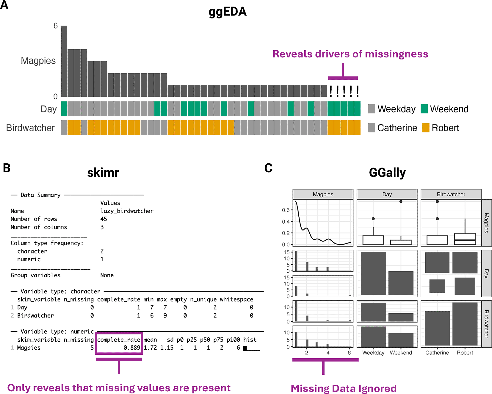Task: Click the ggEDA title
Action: pyautogui.click(x=228, y=12)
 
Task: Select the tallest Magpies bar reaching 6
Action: pyautogui.click(x=64, y=61)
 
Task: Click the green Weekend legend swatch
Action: pyautogui.click(x=424, y=109)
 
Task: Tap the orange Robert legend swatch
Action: pyautogui.click(x=426, y=128)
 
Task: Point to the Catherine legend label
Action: pyautogui.click(x=397, y=128)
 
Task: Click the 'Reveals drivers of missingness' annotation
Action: pyautogui.click(x=350, y=54)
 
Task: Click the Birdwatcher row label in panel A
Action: pyautogui.click(x=30, y=128)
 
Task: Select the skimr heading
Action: pyautogui.click(x=103, y=173)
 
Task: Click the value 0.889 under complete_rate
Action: pyautogui.click(x=132, y=348)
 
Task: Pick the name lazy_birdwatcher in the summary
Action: pyautogui.click(x=127, y=211)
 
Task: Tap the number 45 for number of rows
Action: pyautogui.click(x=104, y=219)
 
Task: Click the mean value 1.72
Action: pyautogui.click(x=150, y=348)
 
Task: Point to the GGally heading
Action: pyautogui.click(x=387, y=173)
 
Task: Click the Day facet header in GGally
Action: pyautogui.click(x=387, y=194)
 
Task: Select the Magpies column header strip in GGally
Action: pyautogui.click(x=323, y=194)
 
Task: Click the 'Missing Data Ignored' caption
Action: pyautogui.click(x=344, y=389)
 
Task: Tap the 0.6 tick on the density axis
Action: pyautogui.click(x=286, y=210)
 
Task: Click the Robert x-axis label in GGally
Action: pyautogui.click(x=465, y=353)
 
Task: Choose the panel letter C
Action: pyautogui.click(x=268, y=168)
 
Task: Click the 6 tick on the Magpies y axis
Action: pyautogui.click(x=56, y=26)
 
